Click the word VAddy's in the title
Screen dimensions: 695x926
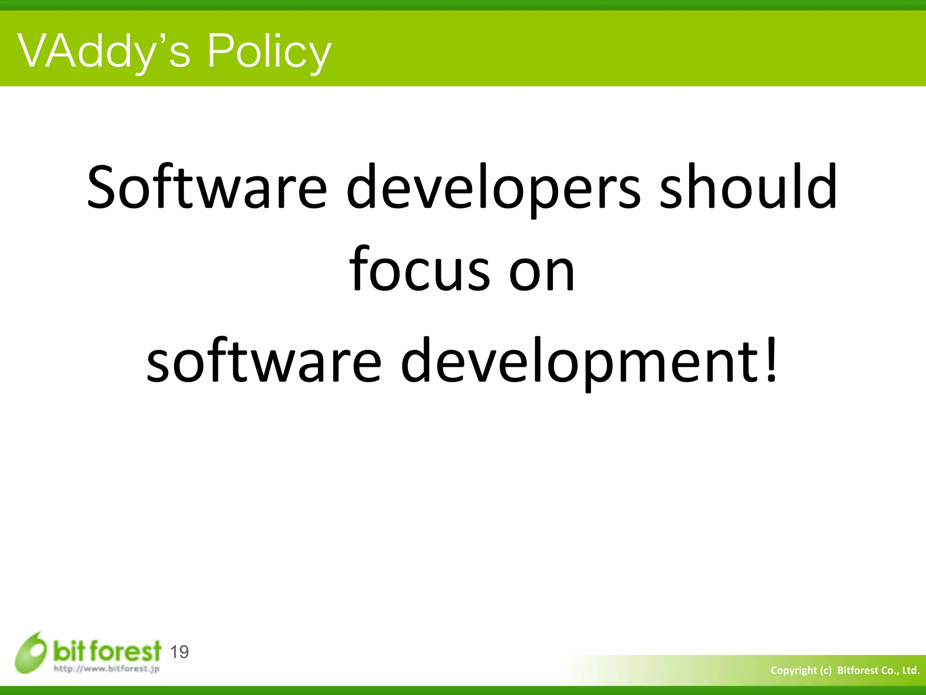[x=104, y=52]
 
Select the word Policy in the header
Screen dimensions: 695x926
[x=269, y=52]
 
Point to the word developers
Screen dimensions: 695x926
[x=493, y=188]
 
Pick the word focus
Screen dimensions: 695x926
[x=420, y=269]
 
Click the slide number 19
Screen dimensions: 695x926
[x=179, y=652]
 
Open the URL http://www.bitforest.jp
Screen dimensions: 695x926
[x=107, y=669]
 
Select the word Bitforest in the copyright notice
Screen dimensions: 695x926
[x=856, y=671]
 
